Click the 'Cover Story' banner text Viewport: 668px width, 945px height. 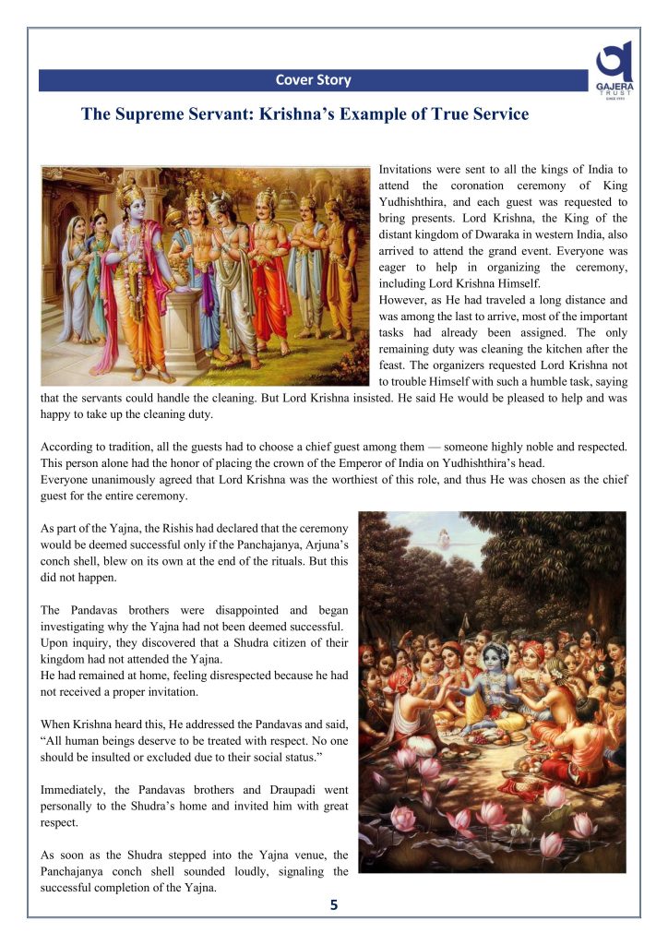point(313,80)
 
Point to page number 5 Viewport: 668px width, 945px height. point(334,905)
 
